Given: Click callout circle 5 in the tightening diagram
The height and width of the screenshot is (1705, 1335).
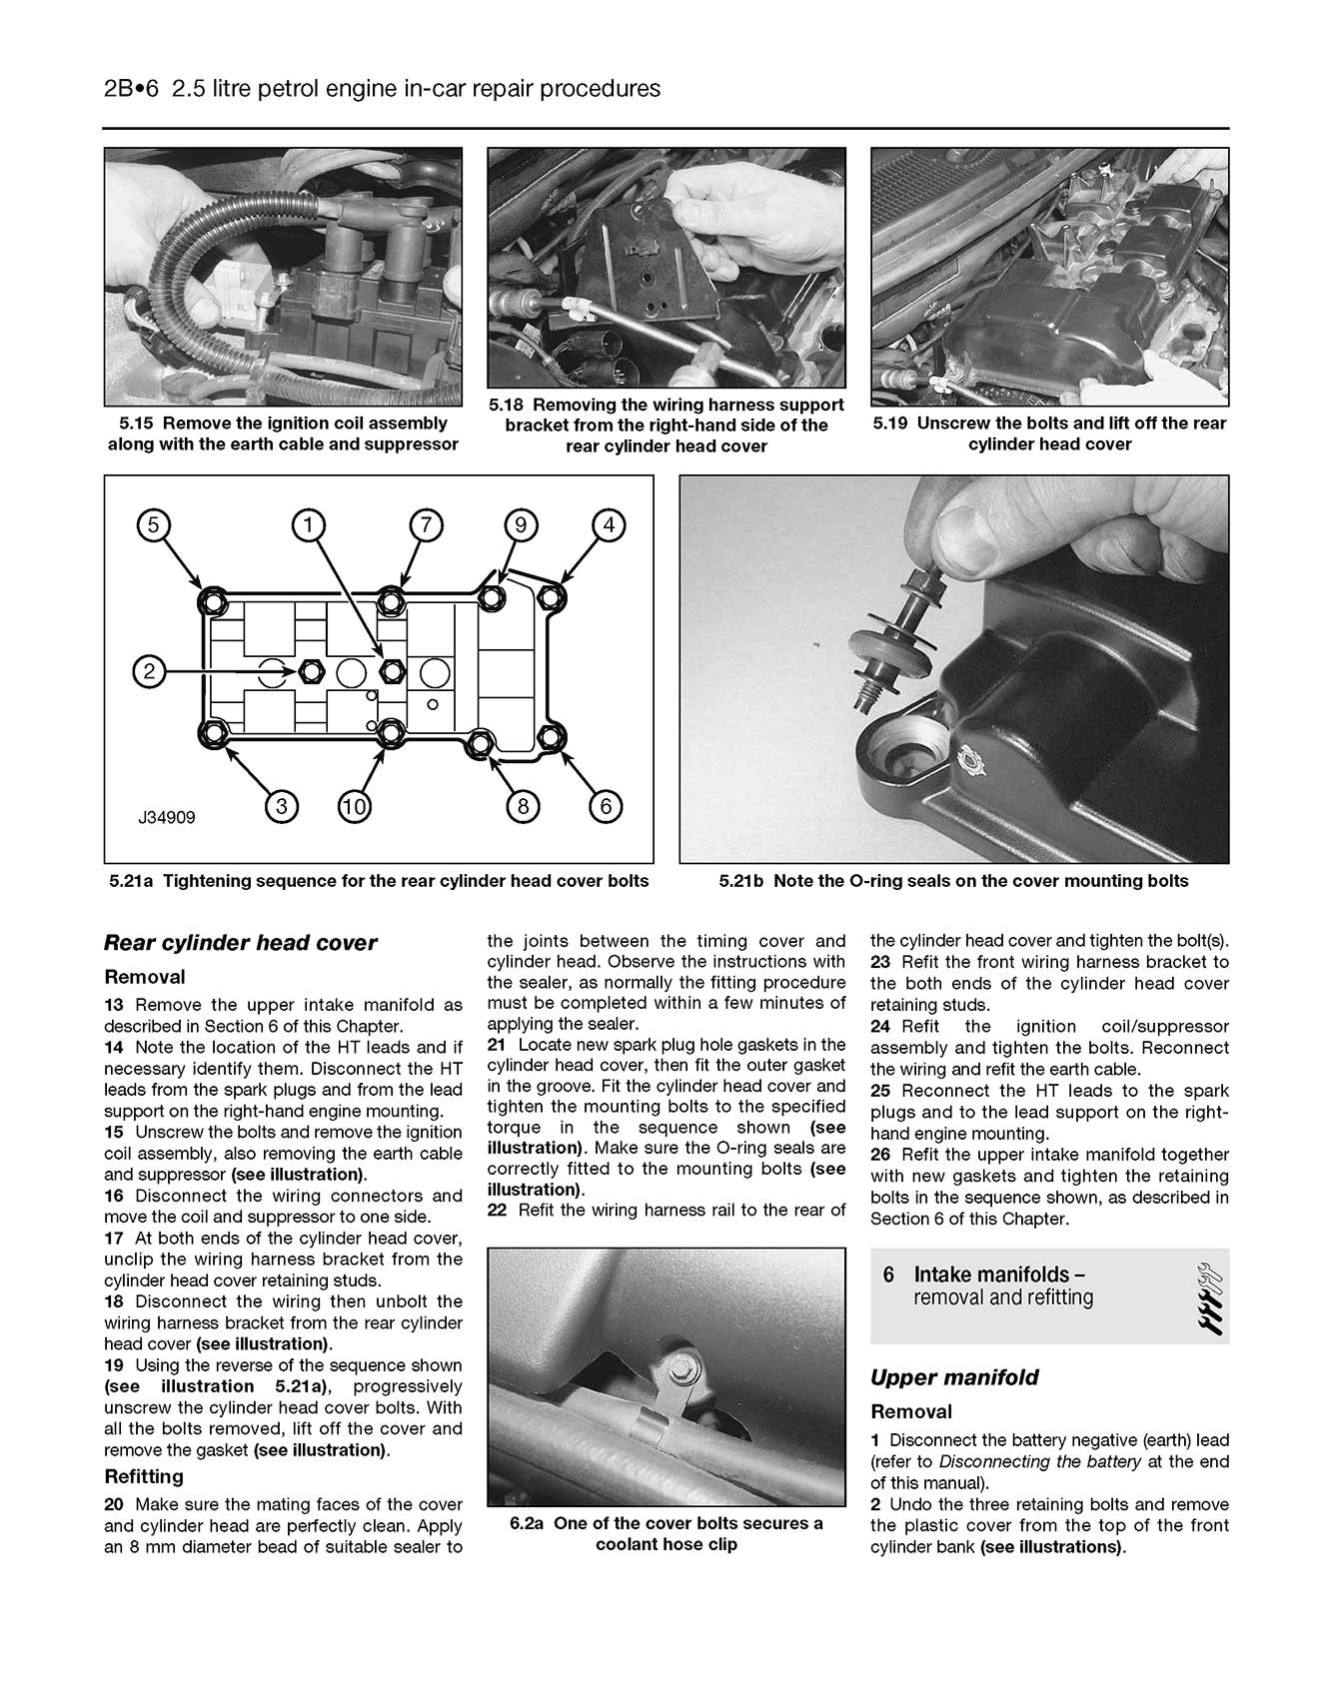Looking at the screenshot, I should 153,524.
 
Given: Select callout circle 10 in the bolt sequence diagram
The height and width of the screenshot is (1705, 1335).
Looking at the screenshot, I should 355,806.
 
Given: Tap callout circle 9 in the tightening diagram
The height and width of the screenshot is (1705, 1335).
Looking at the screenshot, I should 521,524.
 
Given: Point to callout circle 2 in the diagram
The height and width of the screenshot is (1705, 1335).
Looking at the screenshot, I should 149,671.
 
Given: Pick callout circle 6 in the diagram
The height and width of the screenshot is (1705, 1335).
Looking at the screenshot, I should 606,806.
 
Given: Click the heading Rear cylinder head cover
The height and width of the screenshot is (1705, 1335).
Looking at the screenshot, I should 240,943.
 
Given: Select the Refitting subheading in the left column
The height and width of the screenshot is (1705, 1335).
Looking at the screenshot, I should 144,1476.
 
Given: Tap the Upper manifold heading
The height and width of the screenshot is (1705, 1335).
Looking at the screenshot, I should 954,1377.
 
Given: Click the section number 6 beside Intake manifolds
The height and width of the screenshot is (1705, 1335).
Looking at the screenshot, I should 888,1276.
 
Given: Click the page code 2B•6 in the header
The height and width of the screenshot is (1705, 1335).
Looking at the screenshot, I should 131,89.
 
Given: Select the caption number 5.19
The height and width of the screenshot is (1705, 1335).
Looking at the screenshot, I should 890,424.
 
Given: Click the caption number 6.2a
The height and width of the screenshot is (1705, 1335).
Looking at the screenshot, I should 527,1523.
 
